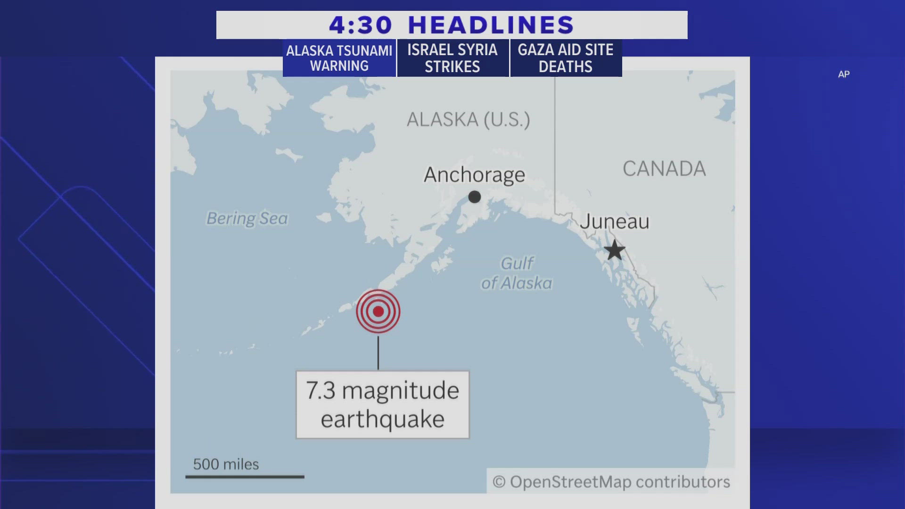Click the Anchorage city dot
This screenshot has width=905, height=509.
(x=475, y=197)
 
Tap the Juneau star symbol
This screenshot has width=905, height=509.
(x=615, y=250)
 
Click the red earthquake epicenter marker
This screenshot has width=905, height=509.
(x=378, y=311)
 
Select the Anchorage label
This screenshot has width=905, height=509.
(x=474, y=175)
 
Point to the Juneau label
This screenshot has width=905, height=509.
(x=614, y=222)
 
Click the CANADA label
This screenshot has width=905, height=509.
(x=664, y=169)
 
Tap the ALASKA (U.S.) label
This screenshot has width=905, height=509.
(x=468, y=120)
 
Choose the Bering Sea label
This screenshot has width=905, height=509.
(x=247, y=218)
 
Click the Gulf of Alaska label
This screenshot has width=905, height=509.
(x=517, y=273)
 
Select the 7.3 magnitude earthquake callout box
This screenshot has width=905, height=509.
(x=382, y=405)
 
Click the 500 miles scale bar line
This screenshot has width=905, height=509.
(x=245, y=476)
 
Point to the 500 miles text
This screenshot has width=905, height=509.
(x=226, y=464)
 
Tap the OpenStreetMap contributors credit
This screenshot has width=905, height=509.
(x=611, y=482)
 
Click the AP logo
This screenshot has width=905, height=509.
(x=844, y=74)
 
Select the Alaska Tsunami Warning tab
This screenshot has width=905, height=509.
(x=339, y=58)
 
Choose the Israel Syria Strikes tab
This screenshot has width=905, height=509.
(x=452, y=58)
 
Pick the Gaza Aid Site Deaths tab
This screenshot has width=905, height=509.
(x=566, y=58)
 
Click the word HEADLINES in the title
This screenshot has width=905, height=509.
(x=491, y=25)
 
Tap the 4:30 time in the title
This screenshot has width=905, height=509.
(x=361, y=25)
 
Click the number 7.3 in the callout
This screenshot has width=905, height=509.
(x=321, y=391)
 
